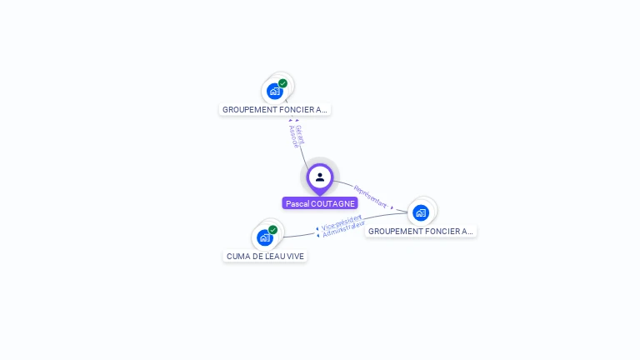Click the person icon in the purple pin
(x=320, y=177)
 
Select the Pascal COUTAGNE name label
(x=320, y=203)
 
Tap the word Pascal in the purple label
(x=297, y=203)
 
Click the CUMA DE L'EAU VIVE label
(x=265, y=257)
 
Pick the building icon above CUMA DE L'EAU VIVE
(x=264, y=238)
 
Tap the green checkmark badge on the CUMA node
(x=272, y=230)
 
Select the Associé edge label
(x=293, y=137)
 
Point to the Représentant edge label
(x=371, y=196)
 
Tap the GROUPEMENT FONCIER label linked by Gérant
(x=275, y=109)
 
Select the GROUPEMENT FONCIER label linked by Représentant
(x=421, y=231)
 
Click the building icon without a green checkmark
(x=421, y=212)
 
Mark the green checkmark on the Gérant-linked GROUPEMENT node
(x=282, y=83)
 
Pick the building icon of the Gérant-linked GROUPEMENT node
(x=274, y=92)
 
